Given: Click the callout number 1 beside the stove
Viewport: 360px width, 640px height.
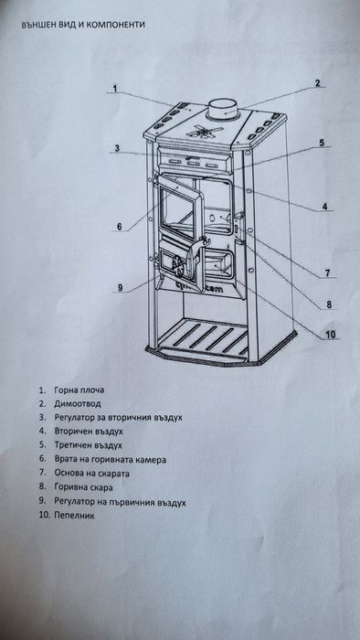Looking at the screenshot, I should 117,89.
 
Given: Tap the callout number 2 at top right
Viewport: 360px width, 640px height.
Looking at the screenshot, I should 317,83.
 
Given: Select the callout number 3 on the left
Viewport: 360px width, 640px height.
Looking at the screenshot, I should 118,148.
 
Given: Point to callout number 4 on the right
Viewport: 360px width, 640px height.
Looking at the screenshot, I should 324,208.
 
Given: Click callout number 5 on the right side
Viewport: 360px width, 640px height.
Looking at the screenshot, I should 323,143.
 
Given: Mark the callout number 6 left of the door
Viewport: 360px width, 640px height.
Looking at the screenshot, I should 119,227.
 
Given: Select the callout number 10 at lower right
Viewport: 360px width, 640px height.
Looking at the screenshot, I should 331,334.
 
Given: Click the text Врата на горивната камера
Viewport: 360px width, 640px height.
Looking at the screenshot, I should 115,459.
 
